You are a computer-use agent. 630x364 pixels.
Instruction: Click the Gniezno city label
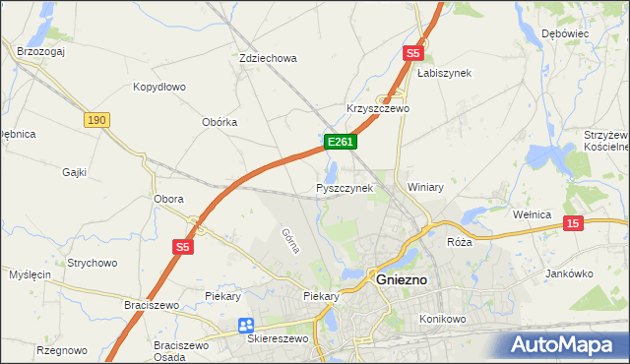[402, 279]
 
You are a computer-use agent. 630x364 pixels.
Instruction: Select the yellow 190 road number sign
[95, 120]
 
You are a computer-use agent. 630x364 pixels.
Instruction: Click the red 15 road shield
[574, 224]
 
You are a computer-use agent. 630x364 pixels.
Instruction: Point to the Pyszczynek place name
[345, 188]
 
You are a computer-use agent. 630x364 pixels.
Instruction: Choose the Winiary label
[425, 187]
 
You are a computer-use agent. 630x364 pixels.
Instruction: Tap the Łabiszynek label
[444, 73]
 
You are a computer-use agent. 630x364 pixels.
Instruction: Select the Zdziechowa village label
[268, 58]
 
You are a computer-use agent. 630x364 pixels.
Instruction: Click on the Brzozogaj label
[40, 51]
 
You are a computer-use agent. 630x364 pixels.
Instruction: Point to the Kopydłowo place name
[159, 87]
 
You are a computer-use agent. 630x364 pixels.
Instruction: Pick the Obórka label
[220, 122]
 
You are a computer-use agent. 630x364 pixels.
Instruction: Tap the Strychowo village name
[93, 263]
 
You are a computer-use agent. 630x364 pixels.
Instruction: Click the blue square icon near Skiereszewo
[245, 326]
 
